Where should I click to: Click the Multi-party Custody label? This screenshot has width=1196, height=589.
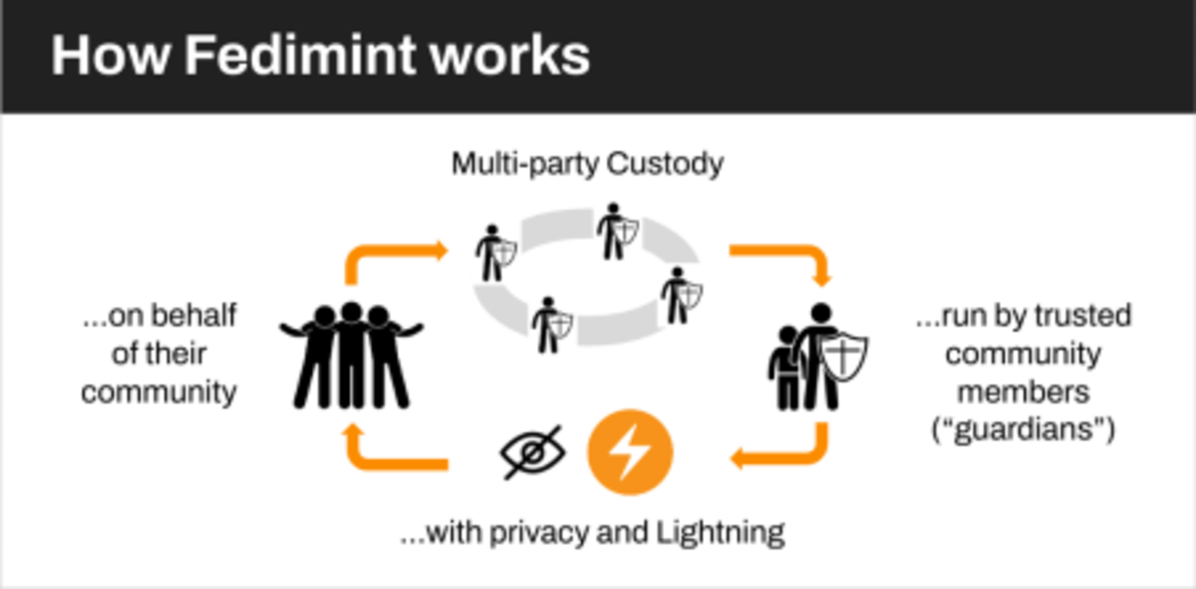pyautogui.click(x=587, y=163)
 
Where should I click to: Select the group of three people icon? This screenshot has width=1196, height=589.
pyautogui.click(x=351, y=355)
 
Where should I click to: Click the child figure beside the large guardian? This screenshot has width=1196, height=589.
pyautogui.click(x=785, y=367)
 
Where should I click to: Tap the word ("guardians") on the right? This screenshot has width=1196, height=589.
pyautogui.click(x=1024, y=431)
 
